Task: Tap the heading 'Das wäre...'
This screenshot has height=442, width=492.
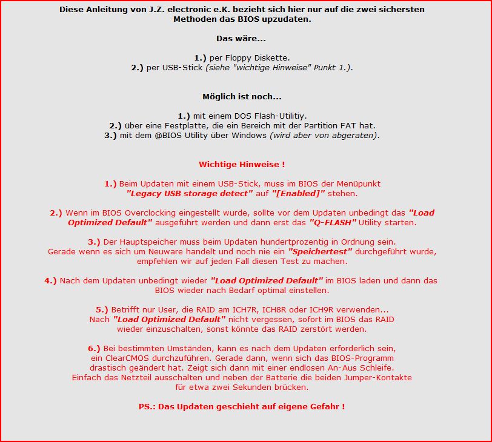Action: [x=241, y=39]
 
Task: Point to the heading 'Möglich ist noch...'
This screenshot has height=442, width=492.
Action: [x=242, y=96]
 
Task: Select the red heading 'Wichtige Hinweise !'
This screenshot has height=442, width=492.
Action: [x=242, y=164]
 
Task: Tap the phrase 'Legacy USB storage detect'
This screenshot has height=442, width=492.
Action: [x=190, y=193]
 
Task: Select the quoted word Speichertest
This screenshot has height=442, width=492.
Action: [x=319, y=251]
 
